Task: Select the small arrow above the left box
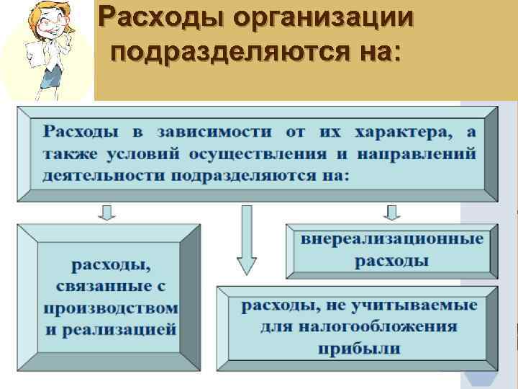click(106, 212)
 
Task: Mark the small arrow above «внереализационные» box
click(392, 212)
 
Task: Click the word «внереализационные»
click(392, 239)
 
